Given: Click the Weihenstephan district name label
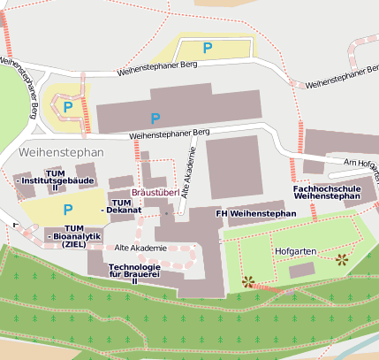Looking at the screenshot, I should click(60, 153).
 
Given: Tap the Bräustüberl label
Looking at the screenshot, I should click(155, 192).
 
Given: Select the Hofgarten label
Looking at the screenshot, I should click(293, 251).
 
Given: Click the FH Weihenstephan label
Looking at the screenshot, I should click(256, 214).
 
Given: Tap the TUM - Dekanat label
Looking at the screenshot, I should click(123, 207).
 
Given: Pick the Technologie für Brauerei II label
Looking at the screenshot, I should click(135, 272).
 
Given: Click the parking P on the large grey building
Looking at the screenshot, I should click(155, 118).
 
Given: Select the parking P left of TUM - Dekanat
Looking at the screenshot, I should click(68, 210).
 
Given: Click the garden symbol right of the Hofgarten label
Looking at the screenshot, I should click(341, 259).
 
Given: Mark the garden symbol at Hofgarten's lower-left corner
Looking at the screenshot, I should click(248, 282).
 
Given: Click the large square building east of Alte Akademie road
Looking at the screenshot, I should click(234, 167).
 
